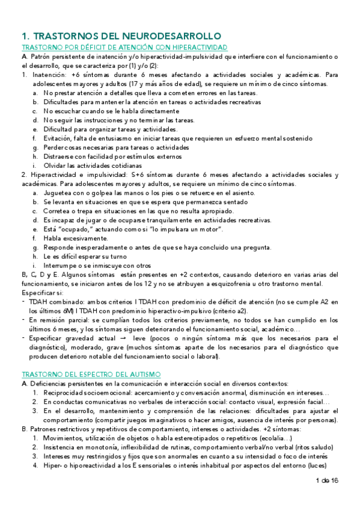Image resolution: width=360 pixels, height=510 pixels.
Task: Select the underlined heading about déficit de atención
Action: click(x=124, y=47)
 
